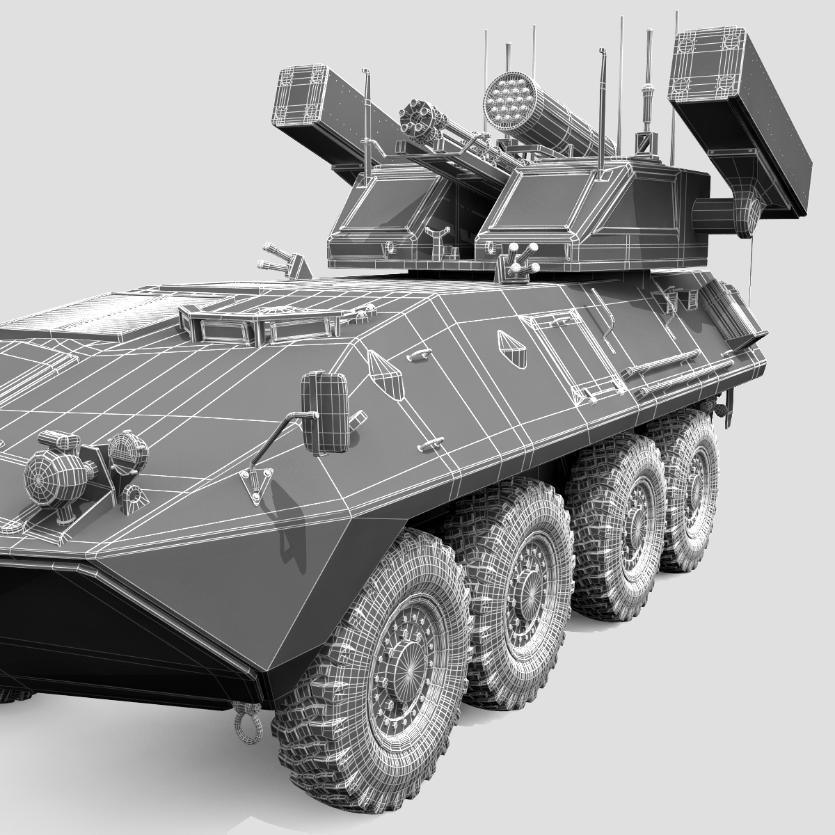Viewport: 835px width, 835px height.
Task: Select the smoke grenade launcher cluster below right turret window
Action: point(518,262)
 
